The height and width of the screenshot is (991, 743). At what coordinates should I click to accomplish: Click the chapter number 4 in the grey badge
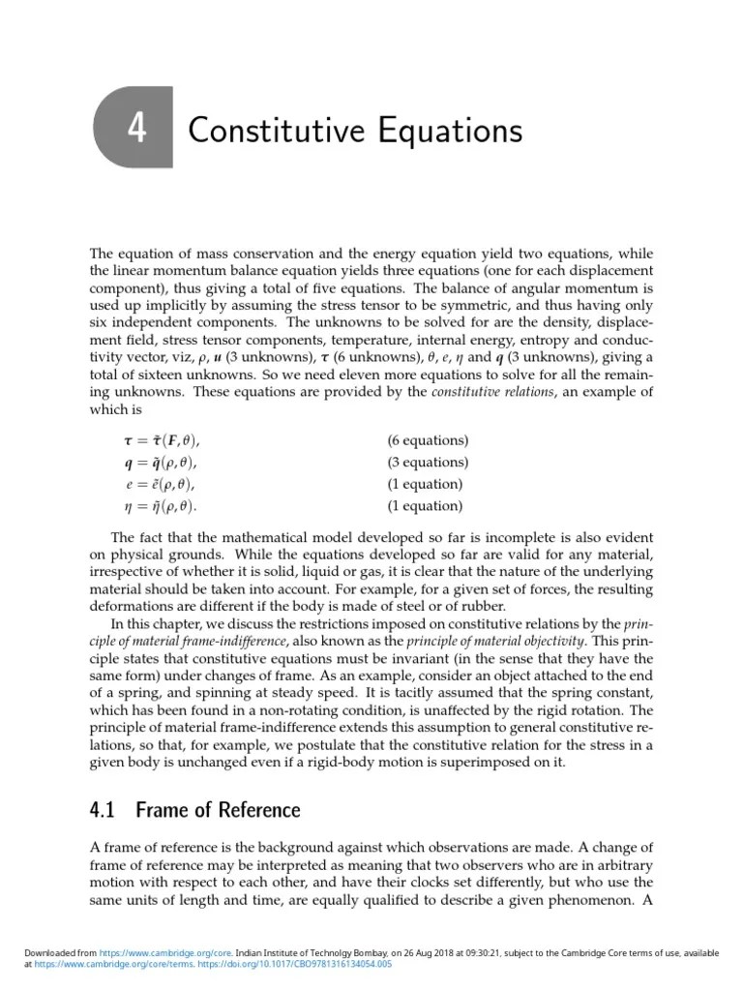136,128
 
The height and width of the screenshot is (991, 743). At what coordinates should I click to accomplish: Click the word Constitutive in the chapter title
265,130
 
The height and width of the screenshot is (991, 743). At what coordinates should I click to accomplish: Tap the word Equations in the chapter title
440,130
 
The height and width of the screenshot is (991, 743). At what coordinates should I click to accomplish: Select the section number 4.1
105,810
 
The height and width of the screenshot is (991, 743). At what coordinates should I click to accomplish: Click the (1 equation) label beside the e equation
425,484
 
